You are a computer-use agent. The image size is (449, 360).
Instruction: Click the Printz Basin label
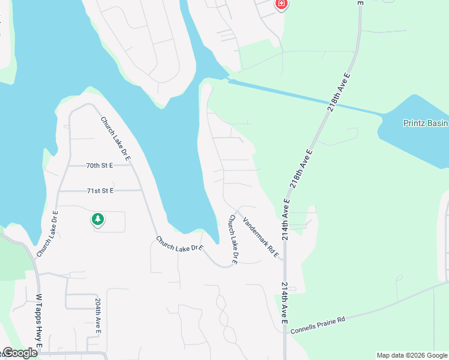(425, 124)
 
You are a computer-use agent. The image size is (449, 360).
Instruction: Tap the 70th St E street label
(100, 165)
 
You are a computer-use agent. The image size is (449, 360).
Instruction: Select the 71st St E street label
(100, 191)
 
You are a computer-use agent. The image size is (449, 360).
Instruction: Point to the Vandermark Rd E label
(261, 238)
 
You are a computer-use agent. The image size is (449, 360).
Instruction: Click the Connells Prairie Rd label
(318, 325)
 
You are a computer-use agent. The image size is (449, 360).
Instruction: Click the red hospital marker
(281, 4)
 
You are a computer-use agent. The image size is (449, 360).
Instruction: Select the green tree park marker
(97, 220)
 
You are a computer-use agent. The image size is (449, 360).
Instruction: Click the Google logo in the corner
(19, 353)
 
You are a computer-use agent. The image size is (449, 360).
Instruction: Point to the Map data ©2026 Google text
(412, 355)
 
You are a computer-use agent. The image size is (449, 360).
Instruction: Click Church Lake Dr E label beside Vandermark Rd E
(233, 240)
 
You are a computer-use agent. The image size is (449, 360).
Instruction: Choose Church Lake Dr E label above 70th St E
(116, 138)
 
